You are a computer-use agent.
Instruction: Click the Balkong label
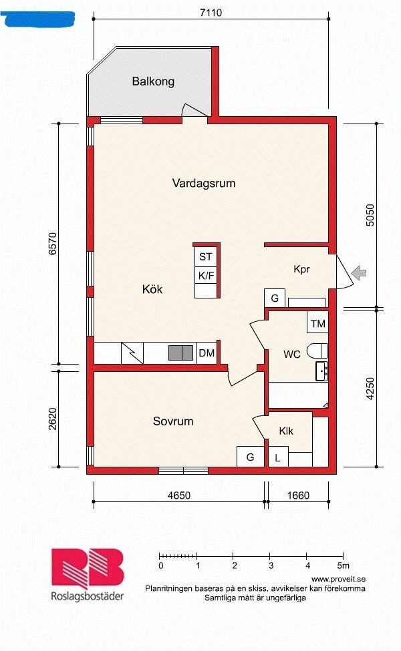tap(153, 81)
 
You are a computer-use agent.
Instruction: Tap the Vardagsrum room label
tap(204, 183)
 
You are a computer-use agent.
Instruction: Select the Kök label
tap(152, 289)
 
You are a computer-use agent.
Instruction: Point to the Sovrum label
tap(173, 421)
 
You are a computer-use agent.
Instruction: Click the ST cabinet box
tap(206, 256)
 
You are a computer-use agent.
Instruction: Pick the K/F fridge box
tap(206, 275)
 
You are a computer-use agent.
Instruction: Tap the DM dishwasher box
tap(207, 353)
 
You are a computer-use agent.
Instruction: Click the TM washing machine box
tap(317, 322)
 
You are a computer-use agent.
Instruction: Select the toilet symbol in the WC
tap(317, 351)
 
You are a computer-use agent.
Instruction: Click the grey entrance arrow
tap(359, 273)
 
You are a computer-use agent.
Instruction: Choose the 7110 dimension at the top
tap(211, 13)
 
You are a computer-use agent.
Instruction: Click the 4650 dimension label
tap(179, 495)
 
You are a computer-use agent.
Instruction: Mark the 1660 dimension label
tap(298, 495)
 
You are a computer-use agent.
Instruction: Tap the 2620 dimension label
tap(53, 419)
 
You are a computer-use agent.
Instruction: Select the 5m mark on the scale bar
tap(344, 566)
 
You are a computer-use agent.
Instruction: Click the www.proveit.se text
tap(338, 579)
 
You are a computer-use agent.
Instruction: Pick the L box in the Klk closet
tap(278, 457)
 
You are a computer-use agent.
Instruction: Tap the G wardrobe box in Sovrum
tap(250, 457)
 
